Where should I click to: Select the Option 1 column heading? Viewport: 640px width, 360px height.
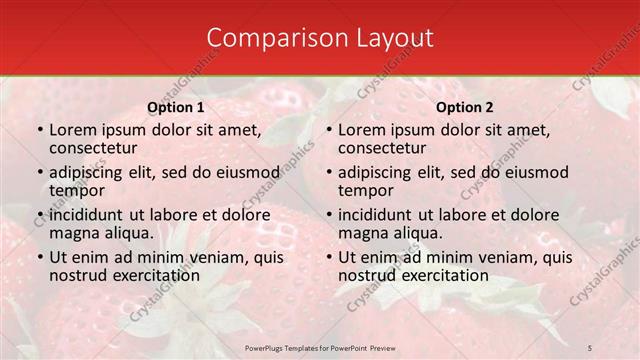coord(176,107)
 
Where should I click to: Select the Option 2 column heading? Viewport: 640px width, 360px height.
coord(465,107)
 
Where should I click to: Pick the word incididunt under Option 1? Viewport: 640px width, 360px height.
coord(87,214)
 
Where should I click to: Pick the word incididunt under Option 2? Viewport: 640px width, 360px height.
coord(376,214)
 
